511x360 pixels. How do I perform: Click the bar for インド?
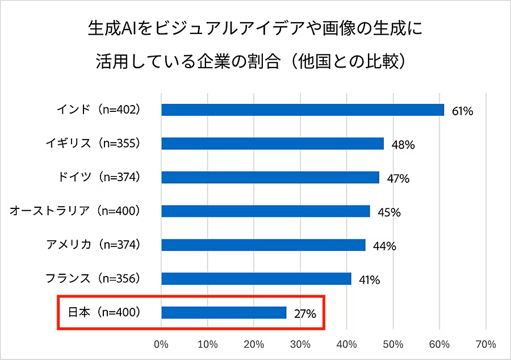pyautogui.click(x=303, y=110)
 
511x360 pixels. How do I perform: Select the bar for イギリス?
pyautogui.click(x=273, y=143)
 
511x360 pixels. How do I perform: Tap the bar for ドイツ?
pyautogui.click(x=270, y=177)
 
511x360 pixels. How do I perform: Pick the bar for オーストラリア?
pyautogui.click(x=266, y=211)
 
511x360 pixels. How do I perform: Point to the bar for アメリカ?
pyautogui.click(x=263, y=245)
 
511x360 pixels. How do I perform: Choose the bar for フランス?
pyautogui.click(x=256, y=278)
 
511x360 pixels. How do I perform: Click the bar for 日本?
pyautogui.click(x=224, y=312)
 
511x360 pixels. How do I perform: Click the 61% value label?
pyautogui.click(x=462, y=111)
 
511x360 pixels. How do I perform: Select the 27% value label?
pyautogui.click(x=305, y=313)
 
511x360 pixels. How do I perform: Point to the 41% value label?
pyautogui.click(x=369, y=280)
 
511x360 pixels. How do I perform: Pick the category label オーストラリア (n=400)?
pyautogui.click(x=75, y=211)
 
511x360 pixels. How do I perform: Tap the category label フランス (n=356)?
pyautogui.click(x=93, y=278)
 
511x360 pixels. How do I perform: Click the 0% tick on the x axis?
pyautogui.click(x=161, y=344)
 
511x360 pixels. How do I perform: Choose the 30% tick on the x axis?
pyautogui.click(x=300, y=344)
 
